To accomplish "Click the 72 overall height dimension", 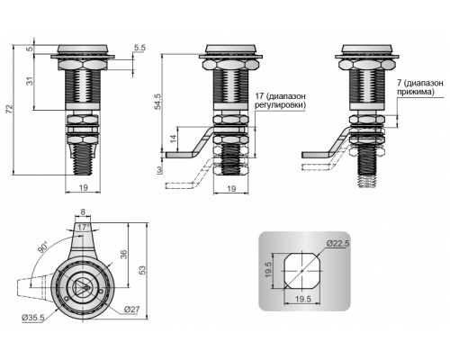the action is [x=10, y=109].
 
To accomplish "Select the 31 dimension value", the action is [x=30, y=81].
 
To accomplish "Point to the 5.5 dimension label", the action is [x=139, y=48].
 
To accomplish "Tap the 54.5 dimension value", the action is [x=158, y=101].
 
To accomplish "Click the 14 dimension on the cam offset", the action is [x=173, y=139].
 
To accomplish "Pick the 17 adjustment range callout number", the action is [x=259, y=96].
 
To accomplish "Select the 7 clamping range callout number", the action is [x=399, y=83].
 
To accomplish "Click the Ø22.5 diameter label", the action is [x=337, y=243].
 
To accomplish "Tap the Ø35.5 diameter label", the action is [x=32, y=318].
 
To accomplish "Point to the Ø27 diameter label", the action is [x=131, y=309].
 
